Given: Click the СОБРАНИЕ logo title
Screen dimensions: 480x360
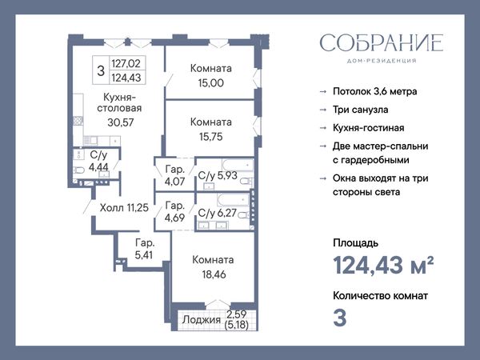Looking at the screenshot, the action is pos(382,42).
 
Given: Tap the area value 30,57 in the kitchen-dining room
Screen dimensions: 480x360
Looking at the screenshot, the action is pos(121,122).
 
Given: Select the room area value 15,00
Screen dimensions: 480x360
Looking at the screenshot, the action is pos(211,83).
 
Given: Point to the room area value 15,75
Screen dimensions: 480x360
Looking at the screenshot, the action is pos(211,137).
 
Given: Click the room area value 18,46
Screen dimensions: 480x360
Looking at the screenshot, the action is pos(214,274).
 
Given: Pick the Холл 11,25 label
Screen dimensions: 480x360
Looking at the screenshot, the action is pos(124,208).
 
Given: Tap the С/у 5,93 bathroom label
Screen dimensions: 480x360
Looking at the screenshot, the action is pos(218,176).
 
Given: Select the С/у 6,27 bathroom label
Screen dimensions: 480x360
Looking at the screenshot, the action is pos(218,213).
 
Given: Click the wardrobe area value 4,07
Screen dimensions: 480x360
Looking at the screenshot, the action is pos(174,182).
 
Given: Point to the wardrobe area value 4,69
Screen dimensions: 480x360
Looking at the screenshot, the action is pos(174,218).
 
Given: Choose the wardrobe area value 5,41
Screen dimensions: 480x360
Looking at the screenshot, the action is pos(143,255).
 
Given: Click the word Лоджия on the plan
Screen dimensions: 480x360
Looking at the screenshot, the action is pos(197,320).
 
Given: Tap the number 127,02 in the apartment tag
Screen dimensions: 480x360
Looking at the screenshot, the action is pos(126,64).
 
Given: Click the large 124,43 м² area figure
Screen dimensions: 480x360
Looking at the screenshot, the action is pos(383,265).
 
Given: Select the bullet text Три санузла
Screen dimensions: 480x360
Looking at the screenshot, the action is pos(361,110).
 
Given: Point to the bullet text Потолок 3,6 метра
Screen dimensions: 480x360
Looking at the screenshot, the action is pos(375,91).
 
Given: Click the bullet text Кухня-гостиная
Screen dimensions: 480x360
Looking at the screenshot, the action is pos(369,128).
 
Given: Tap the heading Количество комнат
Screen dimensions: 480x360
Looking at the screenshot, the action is pos(381,296).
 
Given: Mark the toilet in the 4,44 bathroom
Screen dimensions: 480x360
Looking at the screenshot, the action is pos(79,170).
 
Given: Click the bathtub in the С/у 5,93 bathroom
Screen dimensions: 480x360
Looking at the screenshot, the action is pos(238,165).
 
